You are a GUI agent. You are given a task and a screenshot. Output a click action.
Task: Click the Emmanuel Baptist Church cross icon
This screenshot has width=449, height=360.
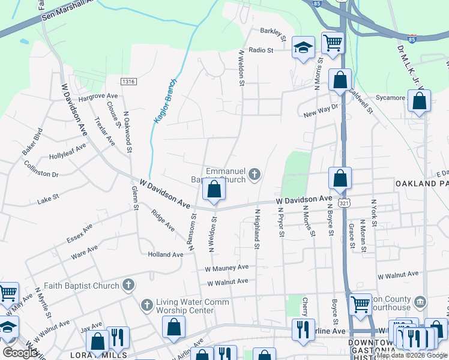[255, 175]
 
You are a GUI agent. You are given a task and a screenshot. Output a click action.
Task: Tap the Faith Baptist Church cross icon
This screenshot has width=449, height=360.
[128, 286]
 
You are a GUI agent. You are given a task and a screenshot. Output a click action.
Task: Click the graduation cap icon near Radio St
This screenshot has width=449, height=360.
[303, 47]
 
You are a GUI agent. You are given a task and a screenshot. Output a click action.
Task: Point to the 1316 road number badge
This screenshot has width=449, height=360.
[128, 82]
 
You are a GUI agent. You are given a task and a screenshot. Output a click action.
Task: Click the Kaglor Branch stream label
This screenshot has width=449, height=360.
[165, 101]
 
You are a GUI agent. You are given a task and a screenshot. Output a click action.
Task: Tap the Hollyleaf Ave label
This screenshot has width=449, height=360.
[68, 152]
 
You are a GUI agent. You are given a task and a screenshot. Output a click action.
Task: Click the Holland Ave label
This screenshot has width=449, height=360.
[165, 254]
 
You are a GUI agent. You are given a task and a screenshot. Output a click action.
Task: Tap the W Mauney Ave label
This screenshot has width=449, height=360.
[226, 268]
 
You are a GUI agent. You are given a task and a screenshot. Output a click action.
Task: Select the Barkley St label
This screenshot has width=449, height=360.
[275, 31]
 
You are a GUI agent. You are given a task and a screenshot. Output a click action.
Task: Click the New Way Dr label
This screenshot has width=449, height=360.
[321, 111]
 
